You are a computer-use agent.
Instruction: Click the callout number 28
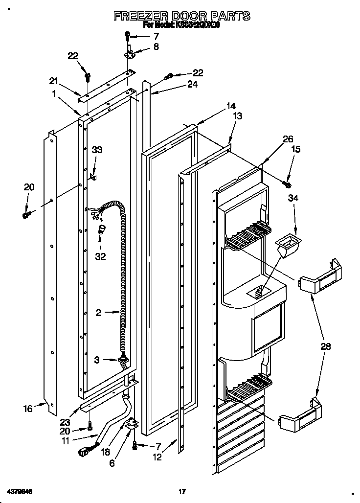point(326,346)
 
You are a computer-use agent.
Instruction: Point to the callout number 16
point(29,408)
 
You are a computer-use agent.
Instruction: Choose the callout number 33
point(97,150)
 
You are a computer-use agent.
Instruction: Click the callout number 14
point(230,106)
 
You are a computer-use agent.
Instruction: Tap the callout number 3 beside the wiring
point(97,360)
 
